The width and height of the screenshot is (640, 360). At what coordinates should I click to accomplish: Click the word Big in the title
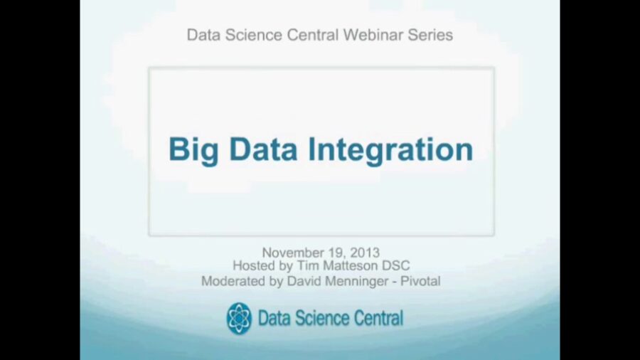tap(191, 150)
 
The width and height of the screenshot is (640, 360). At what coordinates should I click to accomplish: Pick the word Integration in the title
tap(390, 150)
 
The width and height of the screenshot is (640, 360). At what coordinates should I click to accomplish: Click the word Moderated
tap(233, 281)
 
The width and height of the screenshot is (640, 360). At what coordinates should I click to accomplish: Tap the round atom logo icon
tap(239, 318)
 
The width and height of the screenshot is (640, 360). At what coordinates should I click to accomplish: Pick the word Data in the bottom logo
tap(274, 318)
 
